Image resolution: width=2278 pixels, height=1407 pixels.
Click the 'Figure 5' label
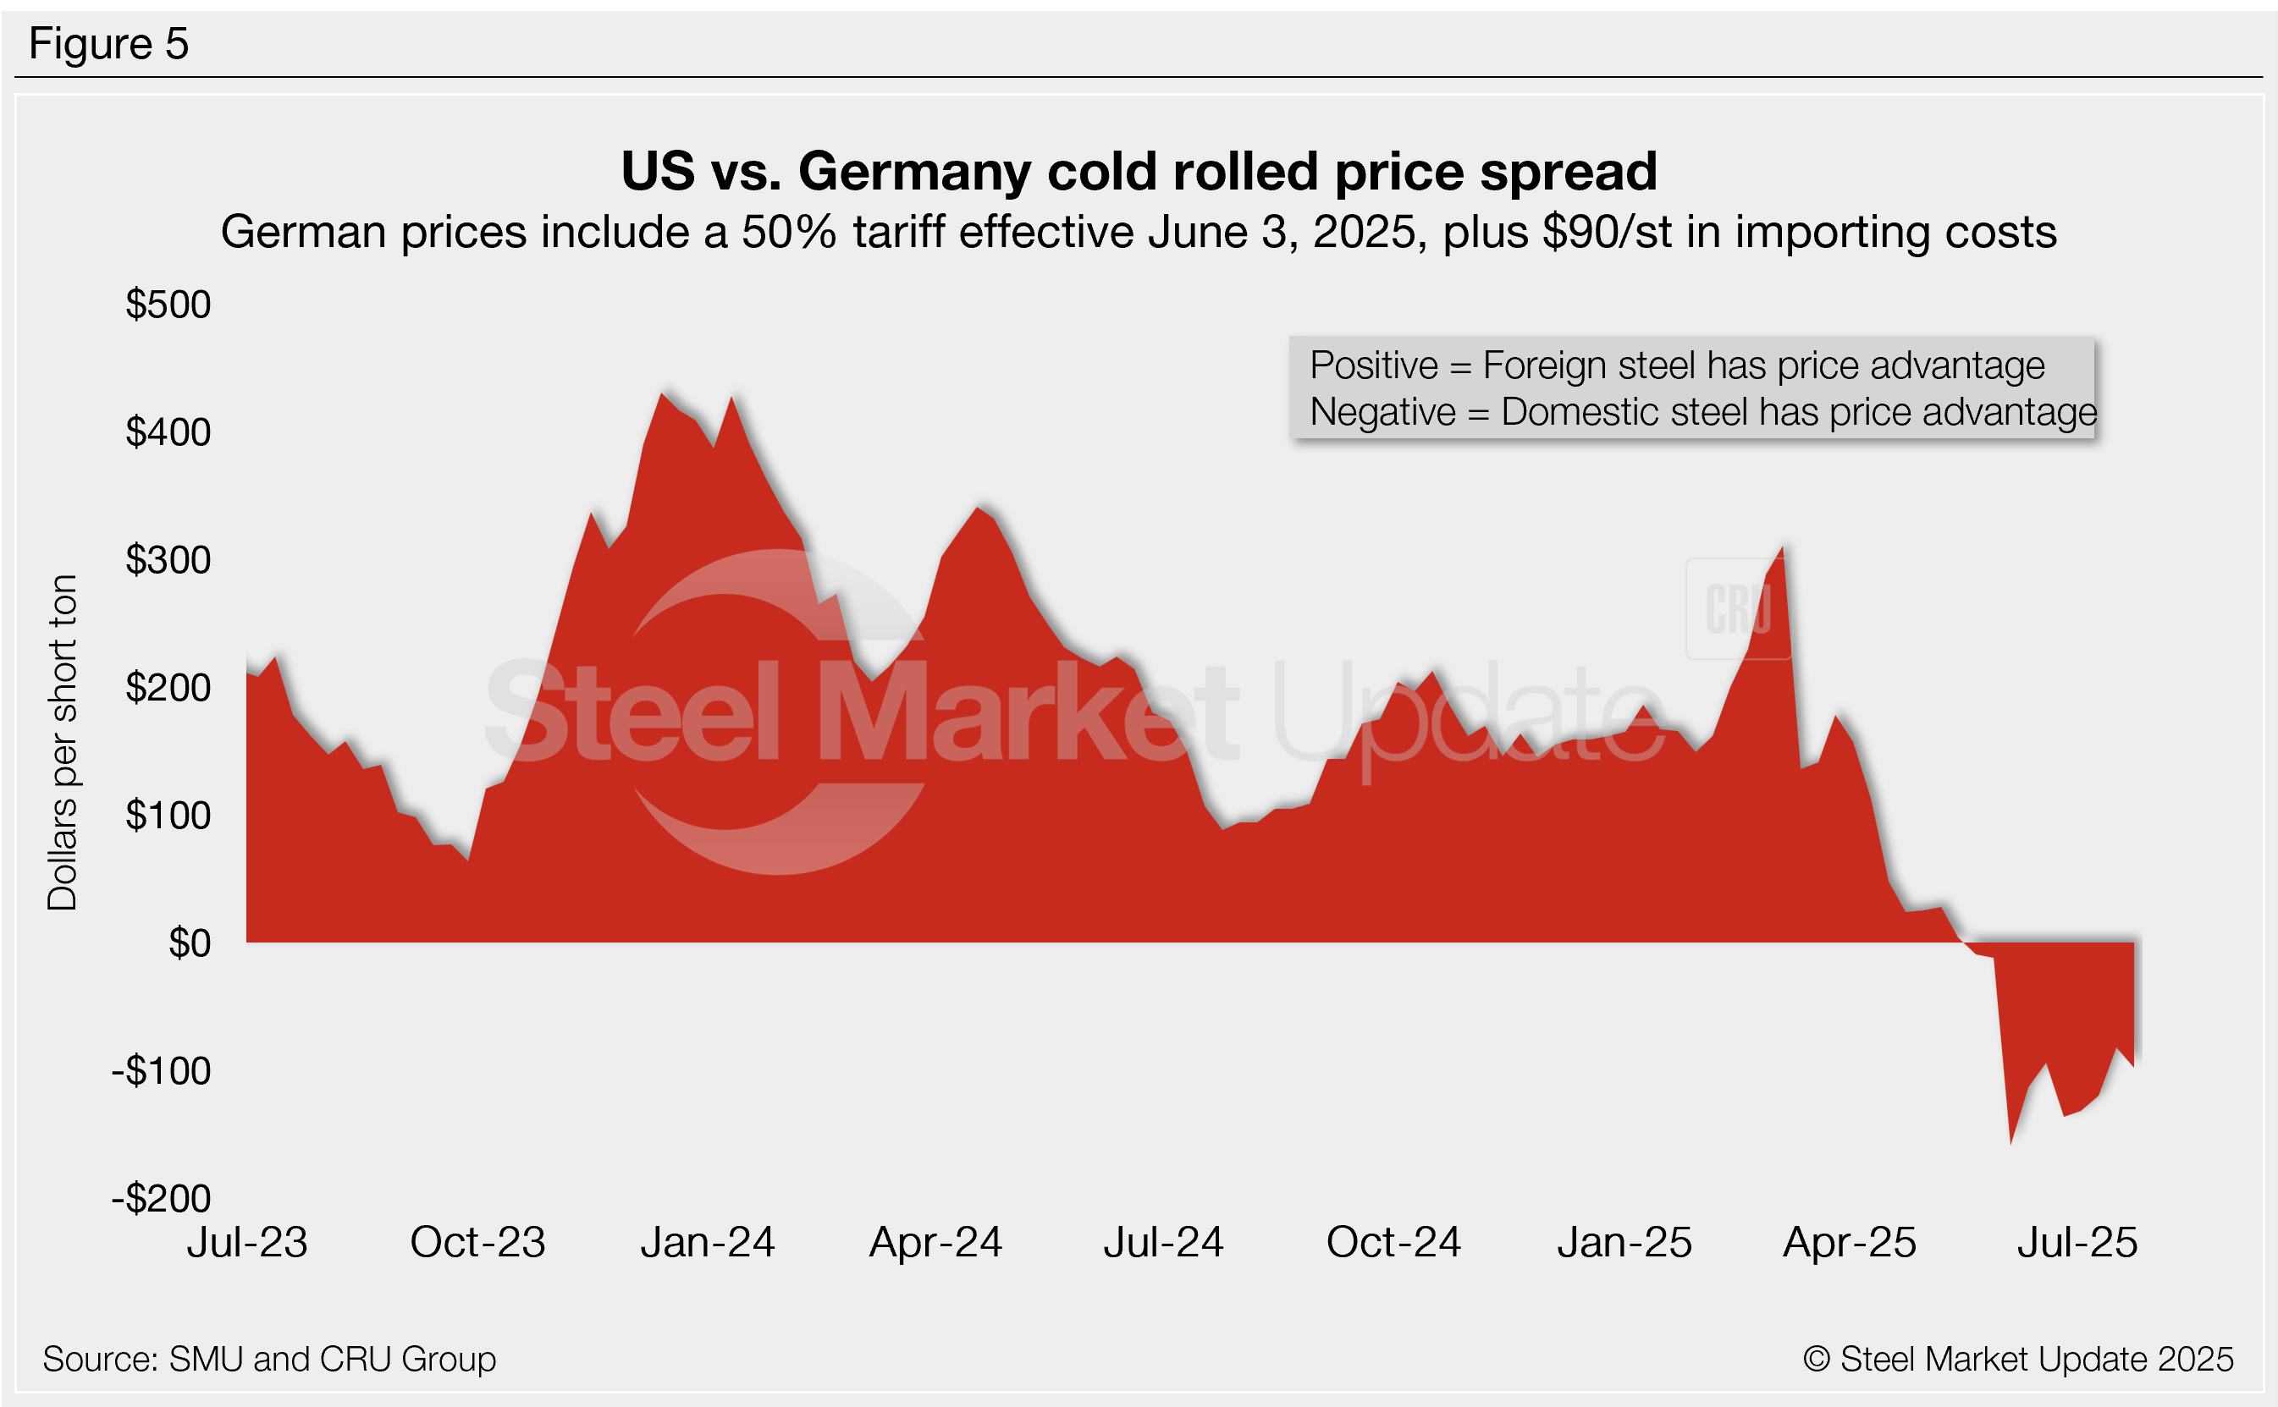tap(109, 44)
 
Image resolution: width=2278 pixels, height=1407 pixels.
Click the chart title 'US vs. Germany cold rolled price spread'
tap(1139, 171)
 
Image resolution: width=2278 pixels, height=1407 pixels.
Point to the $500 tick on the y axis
tap(168, 305)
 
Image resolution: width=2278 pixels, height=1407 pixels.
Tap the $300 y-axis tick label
tap(168, 560)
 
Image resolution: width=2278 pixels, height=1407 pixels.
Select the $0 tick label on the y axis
tap(189, 943)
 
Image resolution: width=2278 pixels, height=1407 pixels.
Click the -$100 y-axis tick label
tap(161, 1071)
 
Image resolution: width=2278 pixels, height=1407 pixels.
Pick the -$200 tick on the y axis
tap(161, 1199)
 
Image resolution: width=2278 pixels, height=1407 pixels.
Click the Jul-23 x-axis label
tap(246, 1243)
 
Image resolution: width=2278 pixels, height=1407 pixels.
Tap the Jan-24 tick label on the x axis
tap(708, 1243)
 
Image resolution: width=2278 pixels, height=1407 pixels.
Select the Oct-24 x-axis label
tap(1393, 1243)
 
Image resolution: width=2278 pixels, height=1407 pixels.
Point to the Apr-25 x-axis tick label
tap(1850, 1243)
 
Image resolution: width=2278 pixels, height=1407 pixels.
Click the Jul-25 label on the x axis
tap(2077, 1243)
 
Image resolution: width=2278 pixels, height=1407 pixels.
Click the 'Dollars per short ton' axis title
tap(63, 743)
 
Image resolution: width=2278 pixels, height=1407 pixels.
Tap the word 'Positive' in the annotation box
tap(1373, 365)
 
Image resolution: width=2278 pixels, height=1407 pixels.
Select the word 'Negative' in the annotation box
tap(1382, 412)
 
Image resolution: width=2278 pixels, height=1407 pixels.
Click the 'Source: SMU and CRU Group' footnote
tap(269, 1360)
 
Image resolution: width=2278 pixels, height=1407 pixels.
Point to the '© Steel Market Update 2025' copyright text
tap(2018, 1360)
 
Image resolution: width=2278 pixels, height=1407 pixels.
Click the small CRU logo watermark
tap(1738, 609)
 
